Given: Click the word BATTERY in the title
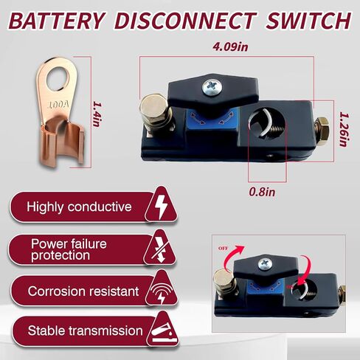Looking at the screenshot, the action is click(x=57, y=21).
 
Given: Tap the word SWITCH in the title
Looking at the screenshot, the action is click(x=308, y=21).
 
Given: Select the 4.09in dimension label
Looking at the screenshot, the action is click(x=230, y=46).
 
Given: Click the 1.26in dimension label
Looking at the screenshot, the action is click(x=345, y=130).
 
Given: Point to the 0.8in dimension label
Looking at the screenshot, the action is click(x=262, y=192).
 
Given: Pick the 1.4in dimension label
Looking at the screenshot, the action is click(x=97, y=114).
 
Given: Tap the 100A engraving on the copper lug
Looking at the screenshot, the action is click(x=58, y=105).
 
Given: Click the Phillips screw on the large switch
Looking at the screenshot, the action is click(x=212, y=87).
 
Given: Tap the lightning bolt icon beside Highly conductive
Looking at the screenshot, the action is click(x=161, y=206).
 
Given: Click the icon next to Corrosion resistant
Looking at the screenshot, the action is click(x=161, y=291).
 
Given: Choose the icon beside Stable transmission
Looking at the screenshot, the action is click(x=163, y=332).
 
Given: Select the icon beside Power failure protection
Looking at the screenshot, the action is click(x=160, y=249).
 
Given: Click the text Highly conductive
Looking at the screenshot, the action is click(x=79, y=207).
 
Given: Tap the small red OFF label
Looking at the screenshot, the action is click(x=223, y=249).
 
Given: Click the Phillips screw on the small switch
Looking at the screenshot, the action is click(x=265, y=265).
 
